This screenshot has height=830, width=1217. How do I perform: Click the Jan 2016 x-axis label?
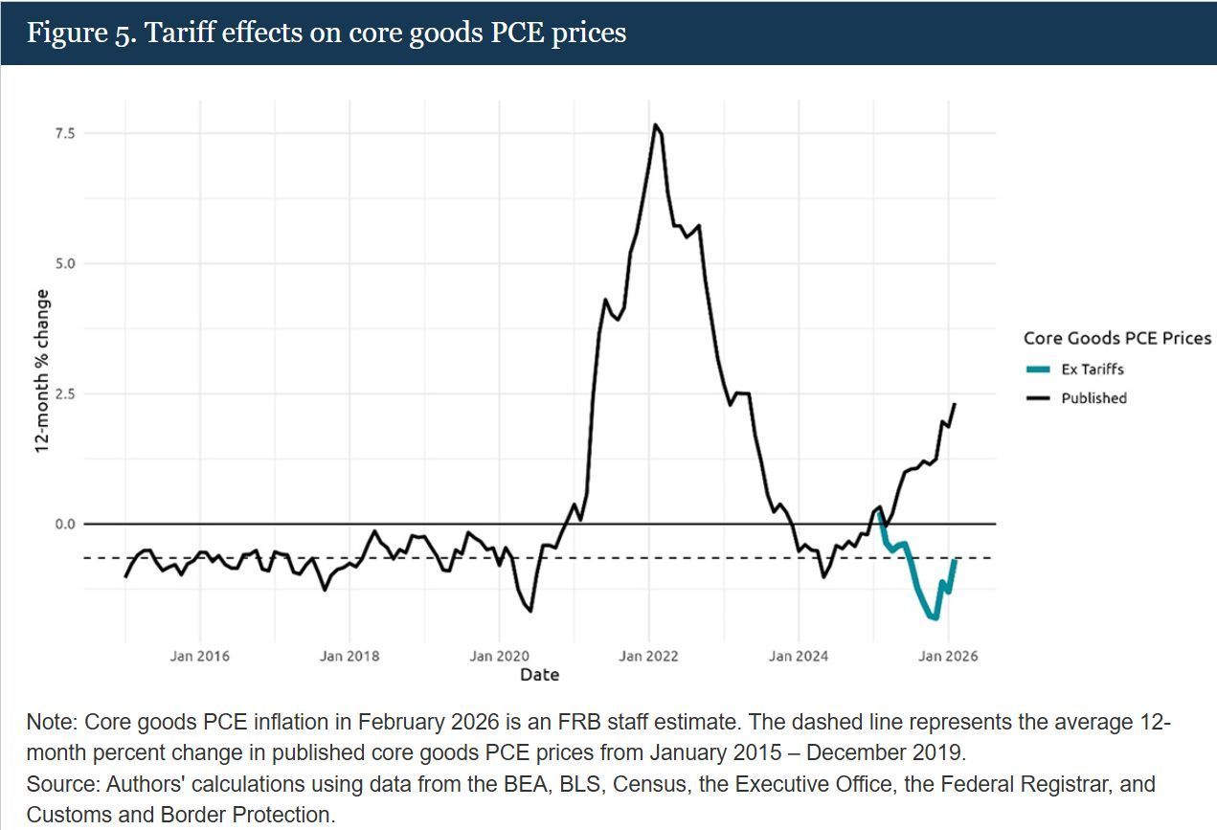pos(199,656)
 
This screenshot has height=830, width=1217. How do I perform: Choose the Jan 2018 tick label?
pos(349,656)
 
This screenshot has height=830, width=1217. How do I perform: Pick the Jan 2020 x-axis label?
pos(499,656)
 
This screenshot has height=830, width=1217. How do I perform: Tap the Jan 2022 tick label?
pos(648,656)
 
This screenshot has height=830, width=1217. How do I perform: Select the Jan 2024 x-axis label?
pos(799,656)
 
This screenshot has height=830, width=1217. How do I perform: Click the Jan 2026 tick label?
pos(948,656)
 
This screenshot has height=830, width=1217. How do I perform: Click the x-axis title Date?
pos(539,675)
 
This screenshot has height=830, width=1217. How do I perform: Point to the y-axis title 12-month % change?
pos(42,371)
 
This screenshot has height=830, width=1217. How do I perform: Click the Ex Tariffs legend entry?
pos(1092,370)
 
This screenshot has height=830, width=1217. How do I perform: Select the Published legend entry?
pos(1093,398)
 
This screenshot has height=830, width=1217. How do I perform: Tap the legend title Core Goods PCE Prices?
pos(1116,338)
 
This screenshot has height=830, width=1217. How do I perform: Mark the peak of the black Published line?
pos(655,124)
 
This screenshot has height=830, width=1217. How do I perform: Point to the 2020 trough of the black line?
pos(530,611)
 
